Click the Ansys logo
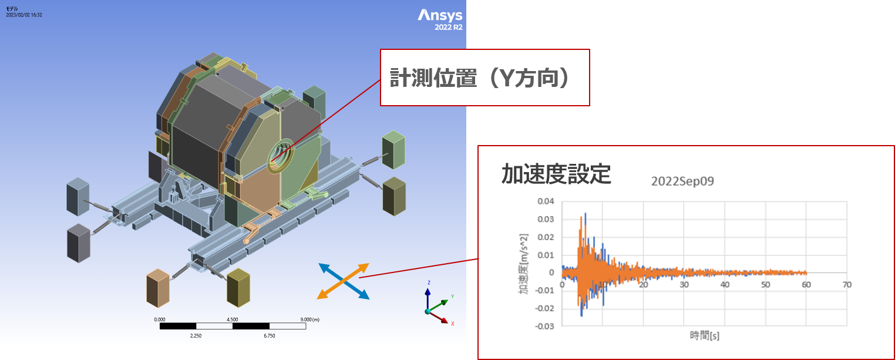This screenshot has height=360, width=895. pos(440,15)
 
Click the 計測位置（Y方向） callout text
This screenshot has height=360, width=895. pos(479,78)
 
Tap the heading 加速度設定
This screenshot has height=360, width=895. pos(556,174)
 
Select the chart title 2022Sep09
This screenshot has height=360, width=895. pos(682,181)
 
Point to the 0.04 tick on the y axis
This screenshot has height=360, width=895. pos(546,201)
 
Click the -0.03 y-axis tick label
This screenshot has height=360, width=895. pos(544,327)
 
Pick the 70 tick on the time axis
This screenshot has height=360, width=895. pos(847,284)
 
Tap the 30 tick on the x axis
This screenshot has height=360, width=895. pos(684,284)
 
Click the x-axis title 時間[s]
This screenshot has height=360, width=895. pos(704,335)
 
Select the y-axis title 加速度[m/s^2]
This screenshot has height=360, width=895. pos(523,264)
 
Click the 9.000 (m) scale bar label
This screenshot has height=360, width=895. pos(309,319)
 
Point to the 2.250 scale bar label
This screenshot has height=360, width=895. pos(196,335)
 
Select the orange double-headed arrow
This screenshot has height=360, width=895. pos(343,281)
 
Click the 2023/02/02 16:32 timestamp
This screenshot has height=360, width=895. pos(24,15)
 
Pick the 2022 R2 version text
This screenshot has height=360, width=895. pos(448,27)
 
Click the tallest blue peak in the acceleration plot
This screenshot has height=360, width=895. pos(586,214)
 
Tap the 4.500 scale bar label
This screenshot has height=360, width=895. pos(232,319)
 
